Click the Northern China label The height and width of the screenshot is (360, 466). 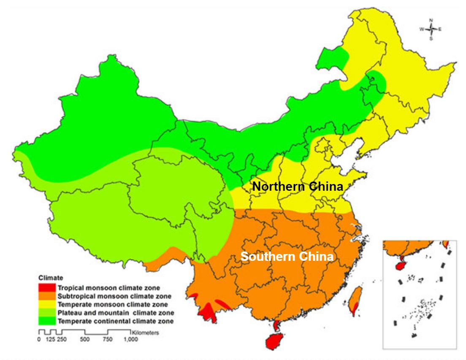tap(298, 187)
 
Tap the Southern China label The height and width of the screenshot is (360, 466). tap(287, 256)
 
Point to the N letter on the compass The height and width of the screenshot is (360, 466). tap(431, 20)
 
